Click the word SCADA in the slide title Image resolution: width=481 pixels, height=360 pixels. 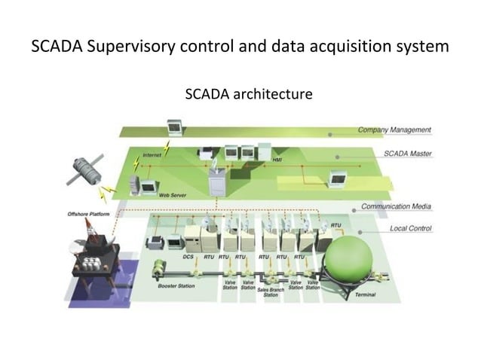(57, 47)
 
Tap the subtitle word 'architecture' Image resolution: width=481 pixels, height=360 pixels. (269, 95)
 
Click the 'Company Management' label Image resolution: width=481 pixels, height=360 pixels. (394, 130)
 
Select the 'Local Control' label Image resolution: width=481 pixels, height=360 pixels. (410, 227)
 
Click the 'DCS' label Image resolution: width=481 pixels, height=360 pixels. (189, 257)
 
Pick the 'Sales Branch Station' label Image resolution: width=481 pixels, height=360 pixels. (270, 292)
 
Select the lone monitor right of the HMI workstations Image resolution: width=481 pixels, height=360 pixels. (339, 177)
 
